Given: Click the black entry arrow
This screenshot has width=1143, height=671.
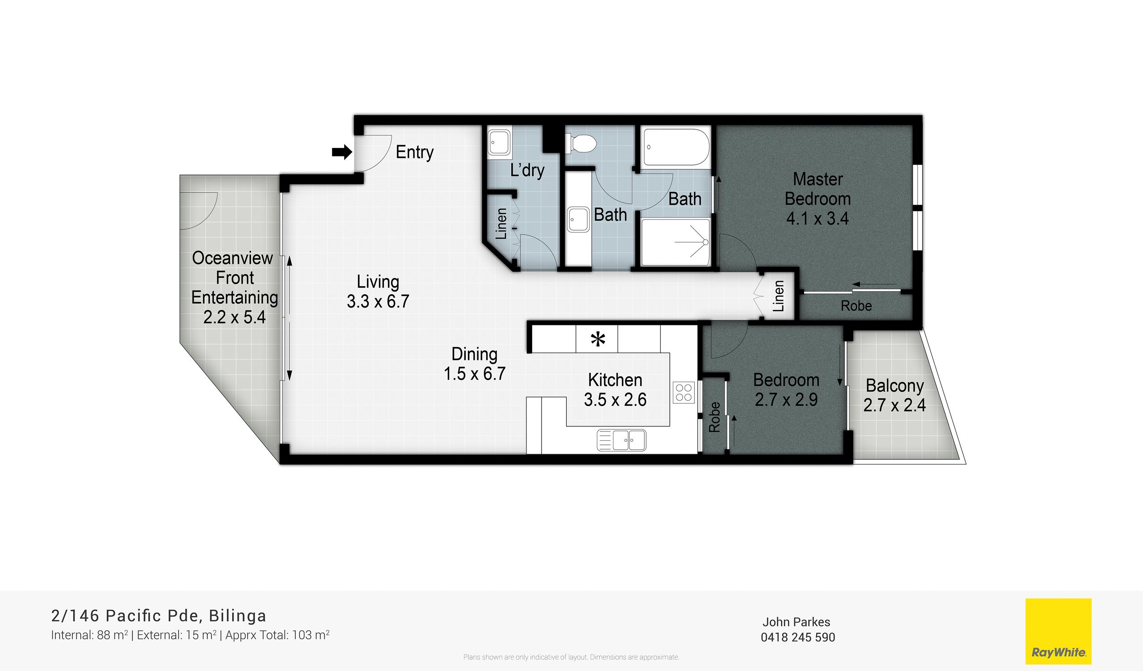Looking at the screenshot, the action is [x=342, y=152].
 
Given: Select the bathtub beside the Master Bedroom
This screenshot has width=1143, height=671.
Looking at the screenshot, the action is [x=676, y=147].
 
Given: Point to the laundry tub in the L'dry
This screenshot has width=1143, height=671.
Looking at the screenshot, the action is [x=499, y=143].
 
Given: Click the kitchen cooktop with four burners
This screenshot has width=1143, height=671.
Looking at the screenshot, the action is [x=684, y=392].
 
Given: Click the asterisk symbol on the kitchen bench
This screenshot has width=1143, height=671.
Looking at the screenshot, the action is [x=598, y=339].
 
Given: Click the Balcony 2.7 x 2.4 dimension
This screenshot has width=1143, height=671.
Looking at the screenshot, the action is [x=894, y=405].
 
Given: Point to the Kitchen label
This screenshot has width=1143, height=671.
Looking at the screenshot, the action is [x=615, y=380].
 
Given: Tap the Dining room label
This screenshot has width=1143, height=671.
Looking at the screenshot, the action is [x=475, y=354].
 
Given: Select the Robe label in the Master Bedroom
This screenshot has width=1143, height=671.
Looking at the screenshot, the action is [x=856, y=306].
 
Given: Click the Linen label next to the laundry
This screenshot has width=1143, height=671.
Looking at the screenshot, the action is [x=501, y=224].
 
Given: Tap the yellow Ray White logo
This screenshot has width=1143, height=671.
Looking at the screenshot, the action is [x=1058, y=632].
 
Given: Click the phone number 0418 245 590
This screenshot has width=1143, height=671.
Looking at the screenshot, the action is [x=798, y=637].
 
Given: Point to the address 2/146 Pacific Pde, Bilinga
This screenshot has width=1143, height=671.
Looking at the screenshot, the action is [x=159, y=616].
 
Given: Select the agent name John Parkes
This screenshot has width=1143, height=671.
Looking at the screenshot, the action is [x=796, y=622].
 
